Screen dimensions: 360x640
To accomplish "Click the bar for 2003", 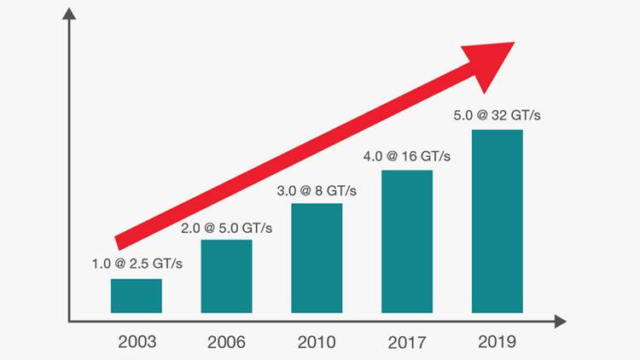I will point(136,295).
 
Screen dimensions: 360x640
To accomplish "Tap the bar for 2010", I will point(317,258).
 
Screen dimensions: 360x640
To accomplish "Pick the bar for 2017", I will point(407,241).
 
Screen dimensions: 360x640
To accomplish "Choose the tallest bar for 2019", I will point(497,221).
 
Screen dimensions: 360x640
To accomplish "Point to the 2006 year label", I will point(226,342).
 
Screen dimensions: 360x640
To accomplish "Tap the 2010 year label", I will point(317,342).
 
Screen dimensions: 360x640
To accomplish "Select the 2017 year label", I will point(407,342).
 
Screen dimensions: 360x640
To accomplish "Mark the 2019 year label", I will point(497,342).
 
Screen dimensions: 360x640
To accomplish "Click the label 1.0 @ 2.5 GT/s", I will point(137,264).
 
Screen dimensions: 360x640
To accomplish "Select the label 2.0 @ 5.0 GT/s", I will point(226,227).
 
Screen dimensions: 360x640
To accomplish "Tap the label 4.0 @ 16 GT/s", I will point(406,157).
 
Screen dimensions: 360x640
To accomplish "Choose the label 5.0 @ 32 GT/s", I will point(497,115).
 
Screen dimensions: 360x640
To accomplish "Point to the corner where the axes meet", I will point(67,322).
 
